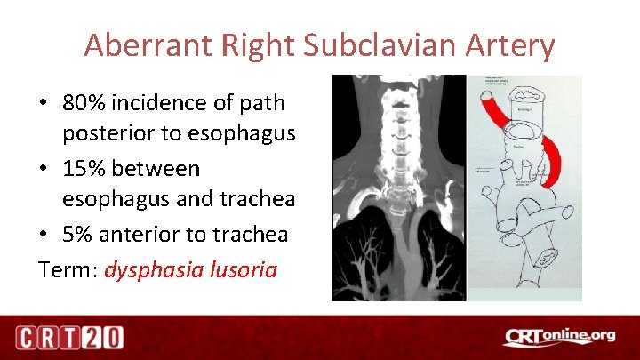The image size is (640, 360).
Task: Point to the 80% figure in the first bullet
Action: tap(84, 103)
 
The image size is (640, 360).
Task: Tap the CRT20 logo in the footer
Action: tap(68, 338)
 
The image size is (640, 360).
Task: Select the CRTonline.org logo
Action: tap(559, 336)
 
